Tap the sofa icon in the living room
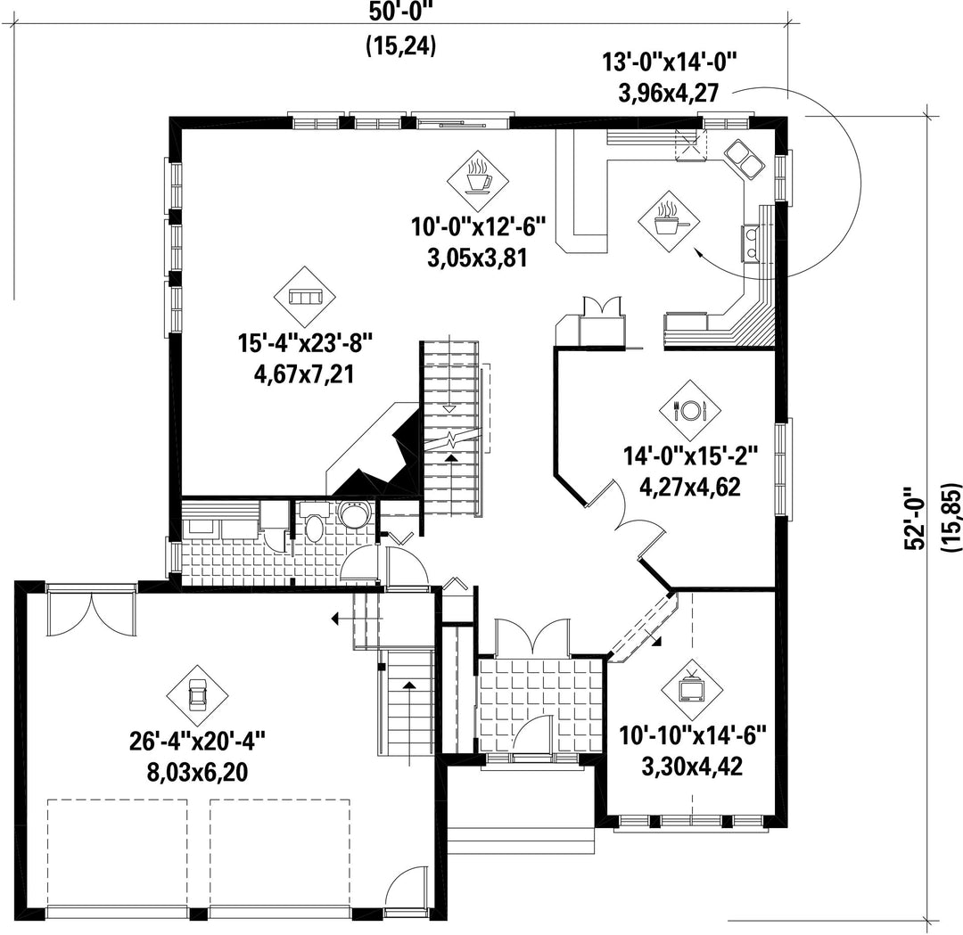pos(305,298)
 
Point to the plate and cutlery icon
pos(690,409)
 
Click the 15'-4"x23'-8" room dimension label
pos(305,344)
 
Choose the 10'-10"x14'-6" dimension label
pos(692,736)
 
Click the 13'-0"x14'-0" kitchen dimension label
pos(669,63)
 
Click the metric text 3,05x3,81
pos(478,258)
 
